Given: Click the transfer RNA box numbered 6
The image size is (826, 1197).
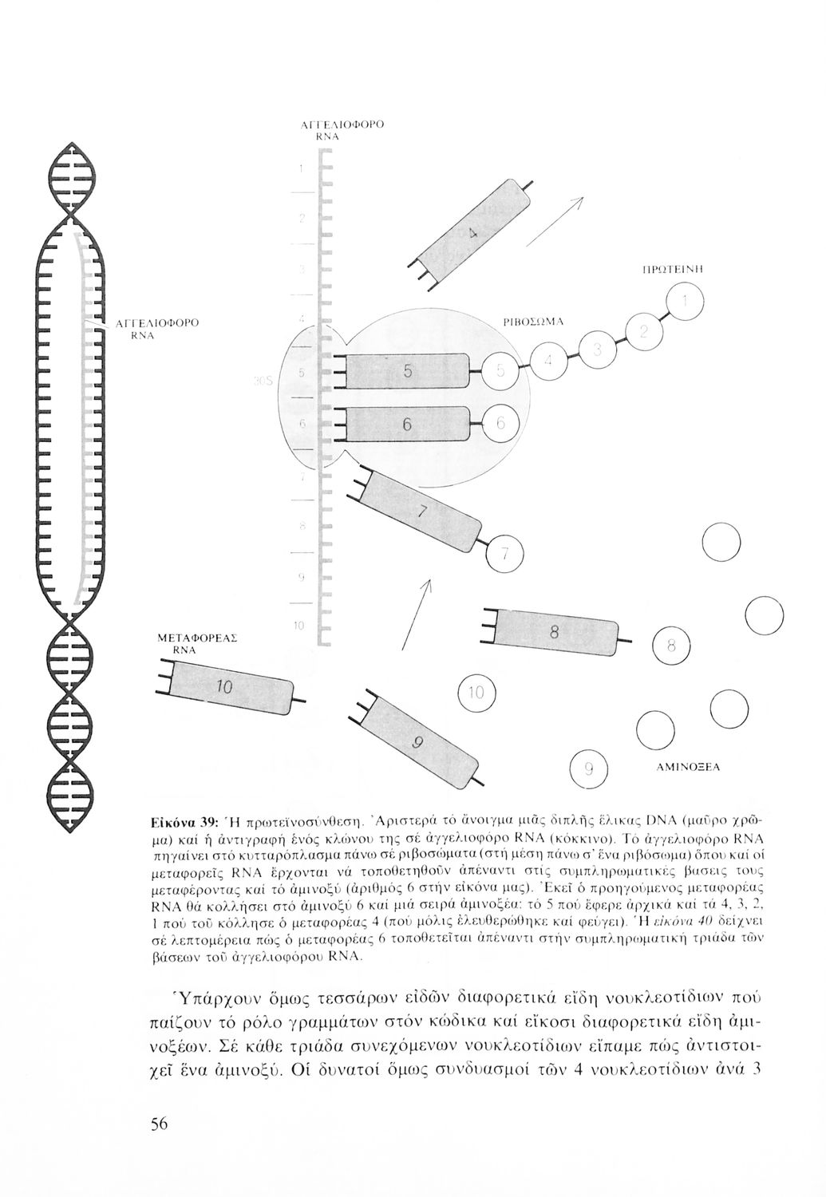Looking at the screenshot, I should pos(408,425).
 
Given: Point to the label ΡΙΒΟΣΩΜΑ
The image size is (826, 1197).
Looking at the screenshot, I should pos(535,321).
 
